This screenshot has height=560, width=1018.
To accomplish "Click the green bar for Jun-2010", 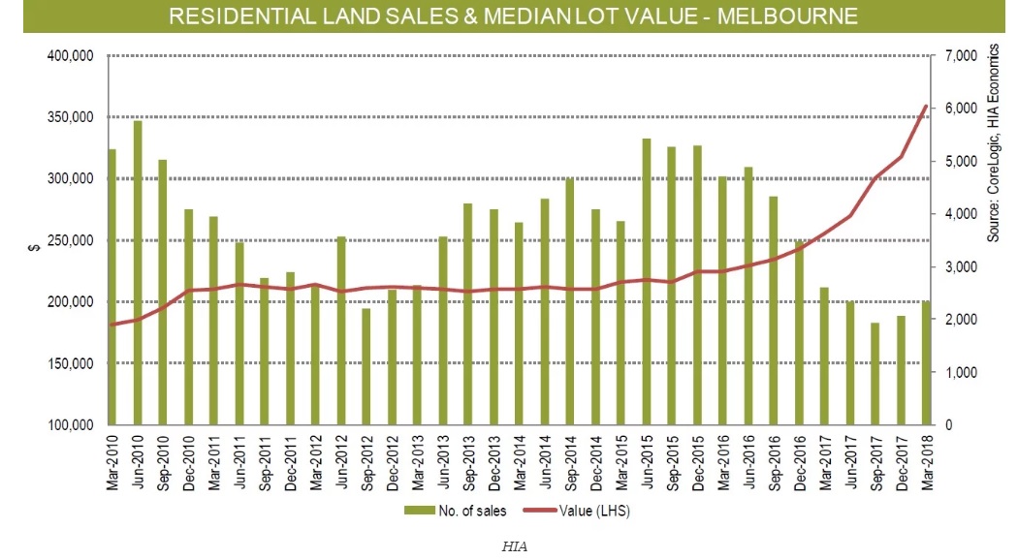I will [x=138, y=272].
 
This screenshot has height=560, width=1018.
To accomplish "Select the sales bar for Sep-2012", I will [x=366, y=366].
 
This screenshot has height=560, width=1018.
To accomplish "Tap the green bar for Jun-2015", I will [x=646, y=281].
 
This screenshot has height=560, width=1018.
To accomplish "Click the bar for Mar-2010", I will [x=112, y=287].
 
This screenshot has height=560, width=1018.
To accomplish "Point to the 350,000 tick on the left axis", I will [x=70, y=117].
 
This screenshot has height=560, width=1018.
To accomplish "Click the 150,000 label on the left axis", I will [x=70, y=363].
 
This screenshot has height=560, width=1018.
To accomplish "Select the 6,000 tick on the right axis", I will [x=953, y=109].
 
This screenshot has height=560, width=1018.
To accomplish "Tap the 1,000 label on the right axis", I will [x=953, y=372].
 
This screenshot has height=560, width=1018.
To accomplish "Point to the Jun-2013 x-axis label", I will [x=443, y=462].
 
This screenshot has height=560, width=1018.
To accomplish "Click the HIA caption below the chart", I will [x=514, y=545].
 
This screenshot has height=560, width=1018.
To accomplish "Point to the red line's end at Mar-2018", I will [x=926, y=106].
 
